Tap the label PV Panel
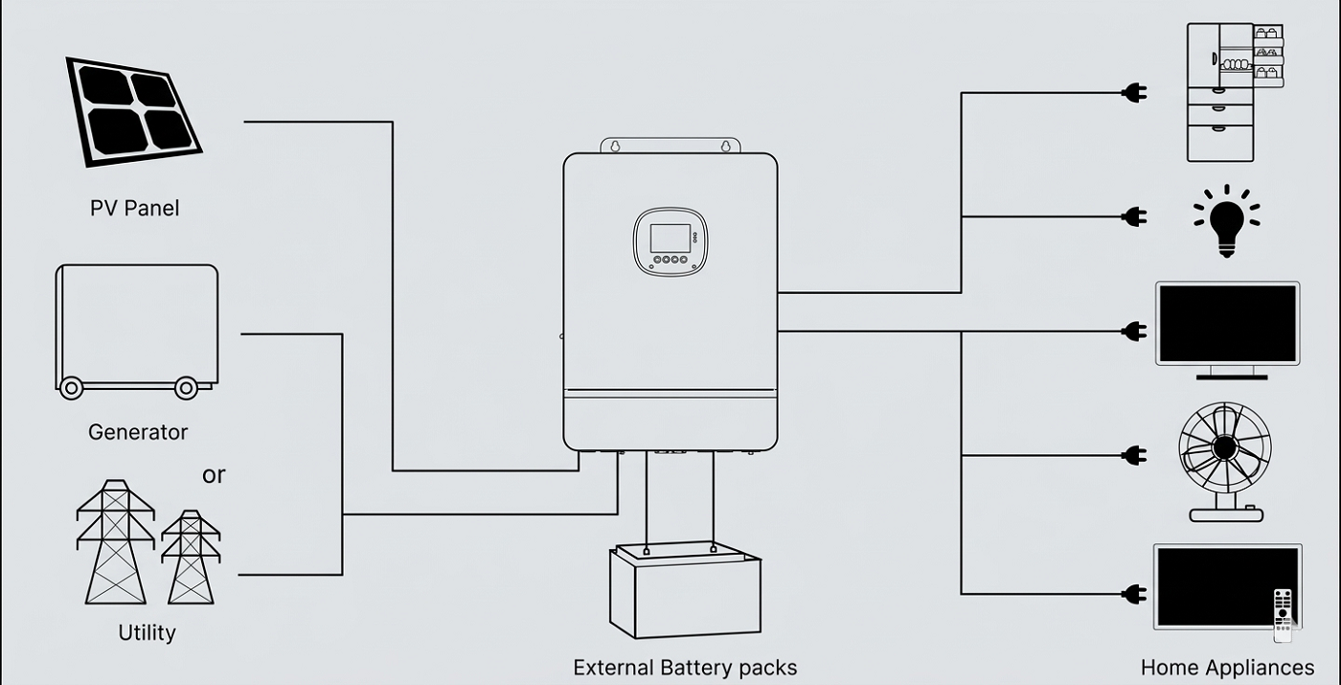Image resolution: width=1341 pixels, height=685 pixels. [x=134, y=208]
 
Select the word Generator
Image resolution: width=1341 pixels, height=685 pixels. [x=138, y=432]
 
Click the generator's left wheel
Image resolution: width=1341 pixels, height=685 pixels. [x=71, y=388]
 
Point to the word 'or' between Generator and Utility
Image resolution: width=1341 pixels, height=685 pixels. [x=214, y=475]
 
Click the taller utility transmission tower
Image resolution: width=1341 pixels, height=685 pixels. [x=115, y=541]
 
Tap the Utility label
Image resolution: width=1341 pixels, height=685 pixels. [x=147, y=633]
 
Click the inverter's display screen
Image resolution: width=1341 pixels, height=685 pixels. [x=670, y=238]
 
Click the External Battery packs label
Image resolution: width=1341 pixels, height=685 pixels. [x=685, y=667]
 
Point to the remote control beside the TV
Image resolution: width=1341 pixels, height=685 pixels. [x=1283, y=613]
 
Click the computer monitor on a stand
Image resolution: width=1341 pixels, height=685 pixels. [x=1227, y=329]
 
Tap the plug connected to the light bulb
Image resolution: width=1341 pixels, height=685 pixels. [x=1134, y=217]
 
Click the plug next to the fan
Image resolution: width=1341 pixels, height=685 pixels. [x=1134, y=455]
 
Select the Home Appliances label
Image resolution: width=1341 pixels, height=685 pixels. [x=1227, y=667]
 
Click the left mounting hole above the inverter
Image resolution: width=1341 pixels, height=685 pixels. [x=616, y=147]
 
